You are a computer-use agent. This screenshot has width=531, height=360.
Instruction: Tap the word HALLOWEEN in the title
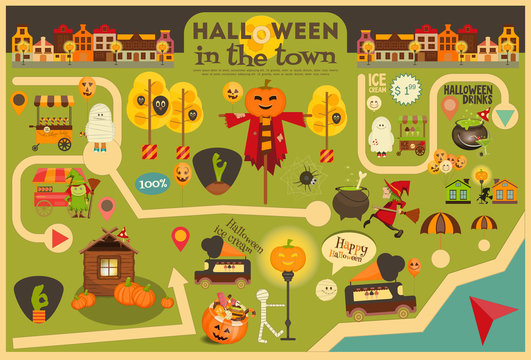click(x=265, y=29)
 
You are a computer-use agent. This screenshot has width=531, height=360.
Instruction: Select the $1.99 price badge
click(x=404, y=89)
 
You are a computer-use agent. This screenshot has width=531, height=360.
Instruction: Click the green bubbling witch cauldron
click(x=467, y=133)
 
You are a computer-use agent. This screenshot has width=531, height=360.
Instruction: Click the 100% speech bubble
click(x=152, y=184)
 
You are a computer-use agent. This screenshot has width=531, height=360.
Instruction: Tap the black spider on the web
click(x=302, y=180)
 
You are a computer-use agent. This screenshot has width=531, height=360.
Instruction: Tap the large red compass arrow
click(x=494, y=317)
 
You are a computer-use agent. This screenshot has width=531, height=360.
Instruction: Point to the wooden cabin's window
click(x=108, y=267)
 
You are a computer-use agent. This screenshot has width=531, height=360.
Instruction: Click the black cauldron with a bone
click(x=352, y=202)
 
